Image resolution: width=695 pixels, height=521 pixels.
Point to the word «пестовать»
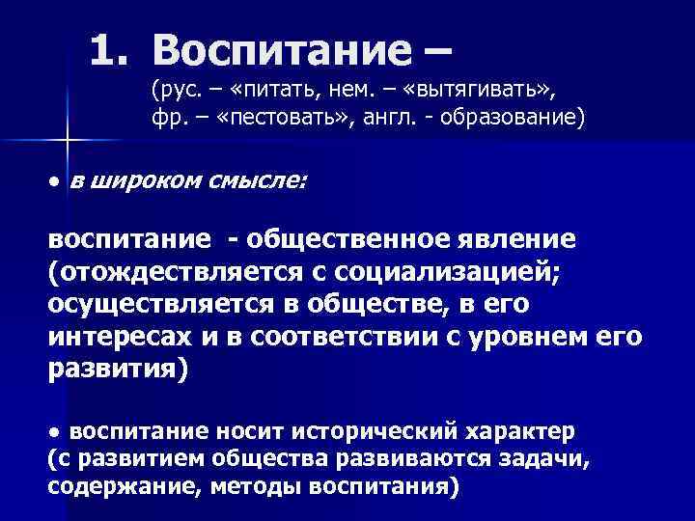coord(275,118)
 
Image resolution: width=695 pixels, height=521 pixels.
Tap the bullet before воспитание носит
coord(57,428)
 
